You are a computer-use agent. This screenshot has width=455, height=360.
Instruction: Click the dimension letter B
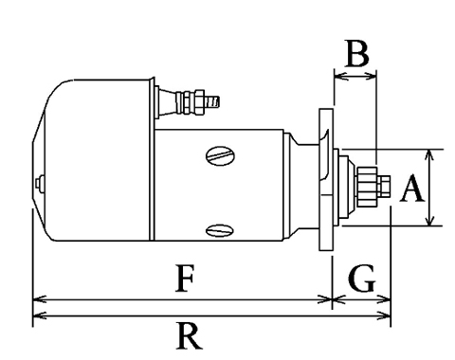pyautogui.click(x=357, y=54)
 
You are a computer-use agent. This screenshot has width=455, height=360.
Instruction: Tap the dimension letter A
pyautogui.click(x=411, y=189)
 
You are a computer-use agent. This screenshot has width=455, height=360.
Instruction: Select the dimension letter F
pyautogui.click(x=185, y=279)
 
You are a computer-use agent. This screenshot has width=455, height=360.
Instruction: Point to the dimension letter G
pyautogui.click(x=362, y=279)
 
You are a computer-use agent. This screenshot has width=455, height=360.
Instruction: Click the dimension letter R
pyautogui.click(x=189, y=335)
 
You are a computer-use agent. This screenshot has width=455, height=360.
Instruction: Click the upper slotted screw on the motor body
pyautogui.click(x=221, y=155)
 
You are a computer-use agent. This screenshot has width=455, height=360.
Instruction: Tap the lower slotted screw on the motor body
pyautogui.click(x=220, y=230)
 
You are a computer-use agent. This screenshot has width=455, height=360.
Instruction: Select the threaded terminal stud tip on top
pyautogui.click(x=213, y=101)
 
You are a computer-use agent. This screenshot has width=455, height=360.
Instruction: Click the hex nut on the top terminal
pyautogui.click(x=199, y=102)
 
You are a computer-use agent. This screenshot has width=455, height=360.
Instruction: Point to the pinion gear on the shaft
pyautogui.click(x=367, y=187)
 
